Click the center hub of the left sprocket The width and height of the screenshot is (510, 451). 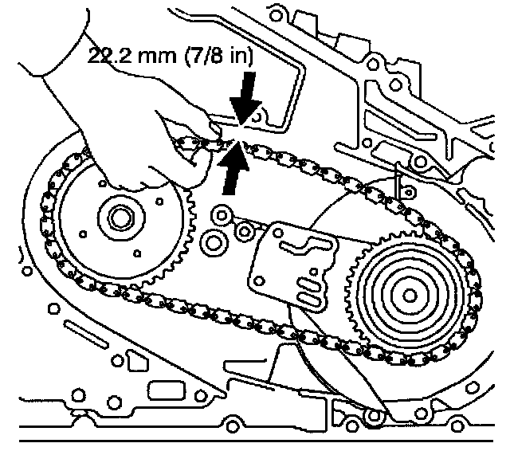[121, 216]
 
